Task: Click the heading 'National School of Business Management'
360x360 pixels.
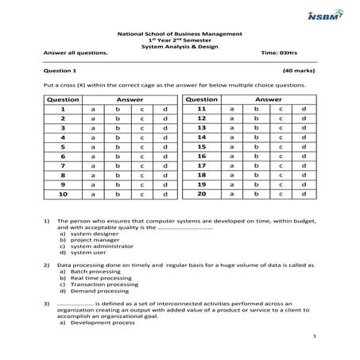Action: tap(180, 34)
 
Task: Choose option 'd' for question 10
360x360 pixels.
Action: tap(165, 194)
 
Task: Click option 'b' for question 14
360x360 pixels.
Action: tap(255, 137)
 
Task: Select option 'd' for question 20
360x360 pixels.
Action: tap(304, 194)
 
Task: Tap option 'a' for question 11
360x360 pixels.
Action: tap(232, 109)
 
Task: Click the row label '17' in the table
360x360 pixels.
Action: tap(201, 165)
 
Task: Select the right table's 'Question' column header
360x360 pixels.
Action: tap(201, 99)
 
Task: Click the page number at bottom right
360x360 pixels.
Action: tap(315, 338)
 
